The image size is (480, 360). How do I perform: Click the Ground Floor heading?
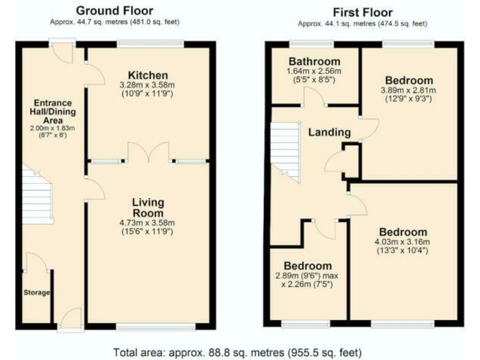114,11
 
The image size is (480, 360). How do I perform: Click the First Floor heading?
362,12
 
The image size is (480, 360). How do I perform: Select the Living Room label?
148,207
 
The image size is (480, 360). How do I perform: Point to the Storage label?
36,292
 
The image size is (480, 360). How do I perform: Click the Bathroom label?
314,61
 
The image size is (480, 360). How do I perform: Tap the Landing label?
329,132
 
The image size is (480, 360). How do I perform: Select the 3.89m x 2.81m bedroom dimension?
409,91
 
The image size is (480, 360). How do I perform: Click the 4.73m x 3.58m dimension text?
148,222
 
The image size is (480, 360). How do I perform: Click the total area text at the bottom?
237,351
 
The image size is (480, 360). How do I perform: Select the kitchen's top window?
151,44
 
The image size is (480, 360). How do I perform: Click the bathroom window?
311,44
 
